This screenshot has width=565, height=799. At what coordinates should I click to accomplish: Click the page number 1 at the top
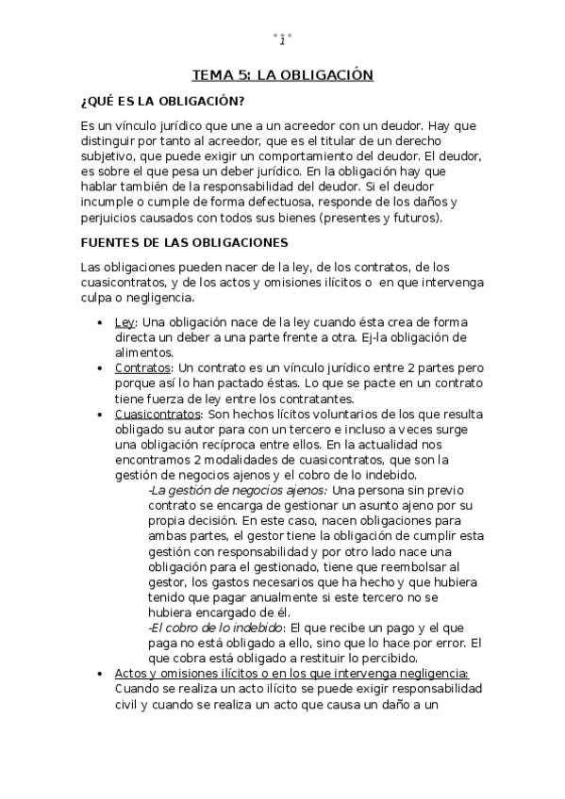tap(282, 40)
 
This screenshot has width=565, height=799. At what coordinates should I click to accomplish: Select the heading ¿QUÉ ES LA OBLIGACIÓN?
tap(162, 102)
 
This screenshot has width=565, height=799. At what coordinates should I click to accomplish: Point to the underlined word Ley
tap(124, 322)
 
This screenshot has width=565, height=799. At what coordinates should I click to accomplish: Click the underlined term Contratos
tap(141, 367)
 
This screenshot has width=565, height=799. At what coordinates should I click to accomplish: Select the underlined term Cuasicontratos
tap(157, 414)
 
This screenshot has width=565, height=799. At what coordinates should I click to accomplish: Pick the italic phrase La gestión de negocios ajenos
tap(238, 490)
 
